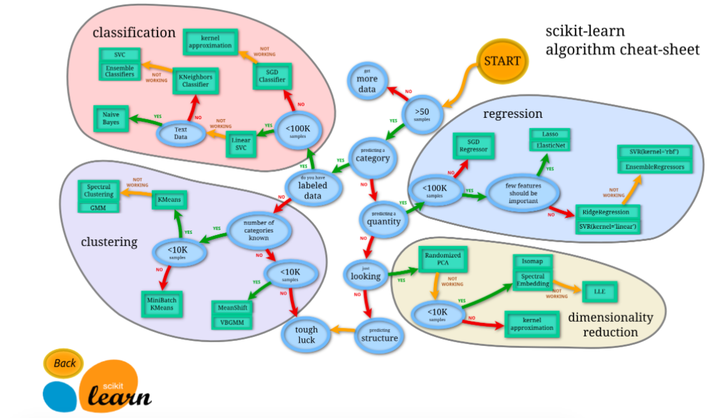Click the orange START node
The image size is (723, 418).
pyautogui.click(x=502, y=61)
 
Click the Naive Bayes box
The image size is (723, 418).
pyautogui.click(x=111, y=118)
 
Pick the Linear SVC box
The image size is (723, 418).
pyautogui.click(x=241, y=144)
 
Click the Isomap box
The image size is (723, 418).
pyautogui.click(x=532, y=262)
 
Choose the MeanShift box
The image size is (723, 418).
pyautogui.click(x=232, y=308)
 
